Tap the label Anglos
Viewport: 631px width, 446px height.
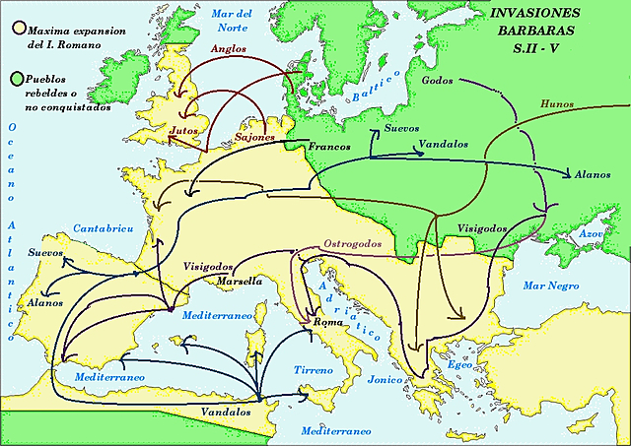(229, 48)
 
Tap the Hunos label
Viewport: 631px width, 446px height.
(557, 103)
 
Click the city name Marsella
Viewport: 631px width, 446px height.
(239, 281)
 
